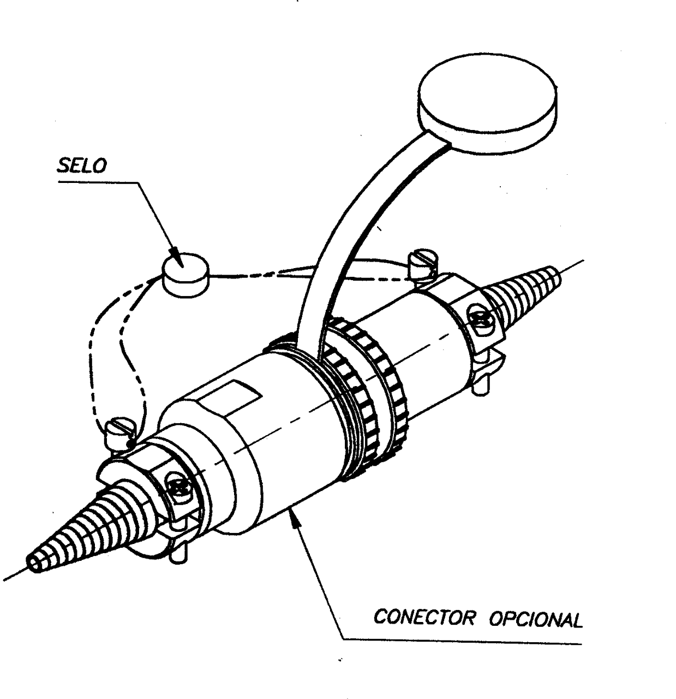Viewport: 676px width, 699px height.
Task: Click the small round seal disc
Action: click(186, 275)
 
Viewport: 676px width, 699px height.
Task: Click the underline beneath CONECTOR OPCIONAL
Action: click(462, 641)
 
